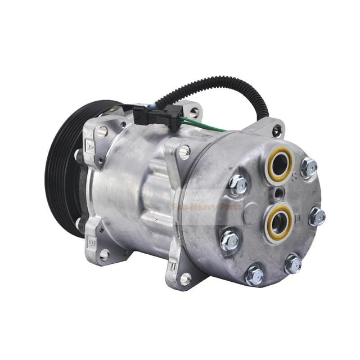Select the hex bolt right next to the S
(x=308, y=167)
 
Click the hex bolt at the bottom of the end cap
(x=254, y=274)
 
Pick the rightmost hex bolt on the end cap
(x=317, y=217)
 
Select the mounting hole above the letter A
(x=102, y=132)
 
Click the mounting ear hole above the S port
(x=276, y=131)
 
